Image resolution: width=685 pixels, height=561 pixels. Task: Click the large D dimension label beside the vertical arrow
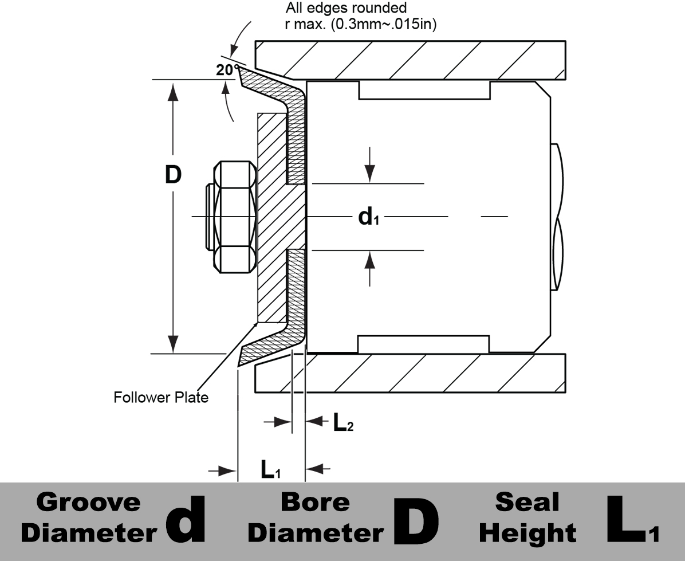(x=173, y=175)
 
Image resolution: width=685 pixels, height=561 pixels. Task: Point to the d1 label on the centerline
(x=368, y=217)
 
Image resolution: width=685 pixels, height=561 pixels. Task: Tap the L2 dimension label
(x=343, y=422)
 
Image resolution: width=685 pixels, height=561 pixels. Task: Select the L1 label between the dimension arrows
(x=270, y=469)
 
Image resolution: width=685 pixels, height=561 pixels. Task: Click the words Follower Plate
(x=161, y=397)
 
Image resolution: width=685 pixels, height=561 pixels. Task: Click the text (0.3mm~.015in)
(x=384, y=24)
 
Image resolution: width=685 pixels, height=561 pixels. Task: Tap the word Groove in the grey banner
(x=88, y=502)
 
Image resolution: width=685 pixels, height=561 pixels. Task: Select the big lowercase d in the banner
(x=186, y=519)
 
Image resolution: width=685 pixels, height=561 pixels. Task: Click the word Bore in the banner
(x=315, y=502)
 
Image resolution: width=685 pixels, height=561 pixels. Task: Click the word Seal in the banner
(x=527, y=502)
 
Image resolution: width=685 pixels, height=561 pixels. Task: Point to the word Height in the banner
(x=527, y=533)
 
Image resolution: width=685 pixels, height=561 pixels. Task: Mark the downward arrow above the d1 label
(x=370, y=164)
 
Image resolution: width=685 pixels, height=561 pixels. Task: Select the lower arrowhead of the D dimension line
(x=174, y=343)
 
